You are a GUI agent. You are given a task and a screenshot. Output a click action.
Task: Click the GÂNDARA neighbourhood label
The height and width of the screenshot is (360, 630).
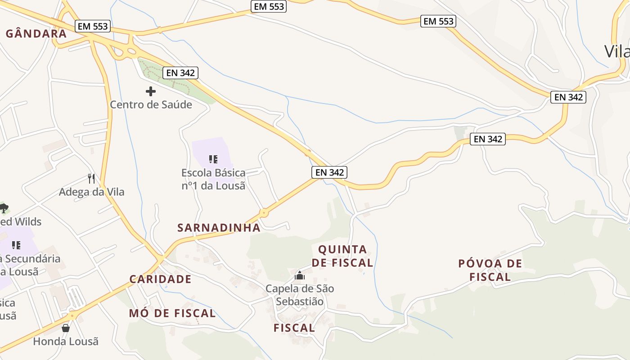click(x=36, y=34)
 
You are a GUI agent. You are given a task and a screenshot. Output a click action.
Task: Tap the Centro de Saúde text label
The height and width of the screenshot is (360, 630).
click(x=151, y=105)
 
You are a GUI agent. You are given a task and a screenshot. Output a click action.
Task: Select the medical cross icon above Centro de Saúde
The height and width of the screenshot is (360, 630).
click(x=151, y=91)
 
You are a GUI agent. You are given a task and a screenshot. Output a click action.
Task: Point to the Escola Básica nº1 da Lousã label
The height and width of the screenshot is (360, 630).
click(x=213, y=179)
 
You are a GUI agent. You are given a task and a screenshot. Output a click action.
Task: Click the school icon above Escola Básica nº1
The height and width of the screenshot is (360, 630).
click(x=213, y=159)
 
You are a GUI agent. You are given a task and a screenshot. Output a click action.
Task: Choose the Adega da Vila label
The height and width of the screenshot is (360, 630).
click(x=92, y=192)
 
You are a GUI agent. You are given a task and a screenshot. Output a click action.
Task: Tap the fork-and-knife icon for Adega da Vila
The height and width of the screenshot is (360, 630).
click(x=92, y=179)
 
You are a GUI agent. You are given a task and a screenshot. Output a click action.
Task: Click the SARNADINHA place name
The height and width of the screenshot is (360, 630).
click(x=219, y=228)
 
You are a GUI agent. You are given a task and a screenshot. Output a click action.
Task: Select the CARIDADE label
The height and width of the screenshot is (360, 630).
click(x=161, y=279)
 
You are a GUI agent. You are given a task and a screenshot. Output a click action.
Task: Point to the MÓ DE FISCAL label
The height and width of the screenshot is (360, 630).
click(x=172, y=313)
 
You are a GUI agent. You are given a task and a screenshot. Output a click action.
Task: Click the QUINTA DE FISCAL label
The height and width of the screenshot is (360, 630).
click(x=346, y=256)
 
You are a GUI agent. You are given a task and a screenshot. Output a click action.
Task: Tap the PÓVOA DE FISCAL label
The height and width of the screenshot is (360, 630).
click(x=490, y=270)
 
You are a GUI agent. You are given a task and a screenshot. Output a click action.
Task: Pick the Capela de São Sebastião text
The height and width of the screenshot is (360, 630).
click(x=300, y=295)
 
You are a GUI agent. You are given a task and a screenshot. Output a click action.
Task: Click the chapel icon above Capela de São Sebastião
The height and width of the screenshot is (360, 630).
click(x=300, y=275)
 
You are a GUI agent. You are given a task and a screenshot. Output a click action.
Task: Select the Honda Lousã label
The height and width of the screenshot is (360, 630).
click(x=66, y=341)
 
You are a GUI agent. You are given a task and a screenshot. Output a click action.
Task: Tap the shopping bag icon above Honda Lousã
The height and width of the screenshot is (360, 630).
click(x=66, y=328)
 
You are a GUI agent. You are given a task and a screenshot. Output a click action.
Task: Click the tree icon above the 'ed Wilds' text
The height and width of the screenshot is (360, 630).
click(x=4, y=208)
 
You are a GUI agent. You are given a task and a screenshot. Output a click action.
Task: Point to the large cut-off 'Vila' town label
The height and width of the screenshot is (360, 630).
click(x=616, y=51)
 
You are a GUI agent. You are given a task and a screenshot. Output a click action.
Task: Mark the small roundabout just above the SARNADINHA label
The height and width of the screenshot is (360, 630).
click(x=264, y=213)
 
